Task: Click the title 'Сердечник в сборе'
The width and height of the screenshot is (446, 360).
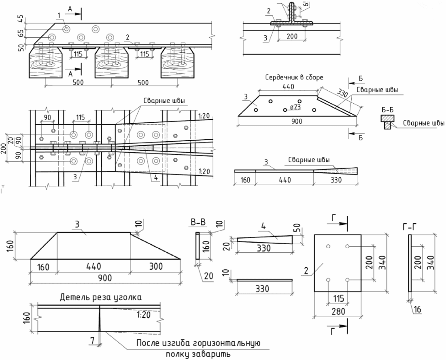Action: point(294,77)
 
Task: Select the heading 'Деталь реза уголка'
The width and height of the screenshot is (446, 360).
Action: point(100,298)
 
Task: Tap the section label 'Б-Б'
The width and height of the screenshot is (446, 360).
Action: point(387,110)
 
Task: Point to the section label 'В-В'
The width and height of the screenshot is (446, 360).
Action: point(198,222)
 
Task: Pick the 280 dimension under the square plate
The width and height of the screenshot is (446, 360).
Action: point(338,311)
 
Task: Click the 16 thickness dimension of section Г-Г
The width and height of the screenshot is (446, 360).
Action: point(417,309)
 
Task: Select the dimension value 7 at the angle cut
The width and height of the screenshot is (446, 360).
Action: point(92,340)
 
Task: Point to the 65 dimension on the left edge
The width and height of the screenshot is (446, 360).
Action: point(21,33)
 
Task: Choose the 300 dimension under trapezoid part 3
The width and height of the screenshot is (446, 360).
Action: point(156,266)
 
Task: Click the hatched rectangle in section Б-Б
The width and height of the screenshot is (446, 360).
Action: point(387,118)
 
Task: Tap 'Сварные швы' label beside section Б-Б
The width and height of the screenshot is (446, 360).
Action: point(423,123)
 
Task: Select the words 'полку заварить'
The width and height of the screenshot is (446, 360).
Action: point(198,354)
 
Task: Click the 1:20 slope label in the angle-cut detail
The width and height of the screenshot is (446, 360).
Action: point(143,315)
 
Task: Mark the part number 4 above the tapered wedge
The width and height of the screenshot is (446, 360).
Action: point(263,227)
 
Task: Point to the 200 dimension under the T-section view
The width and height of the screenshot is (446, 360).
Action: point(292,36)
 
